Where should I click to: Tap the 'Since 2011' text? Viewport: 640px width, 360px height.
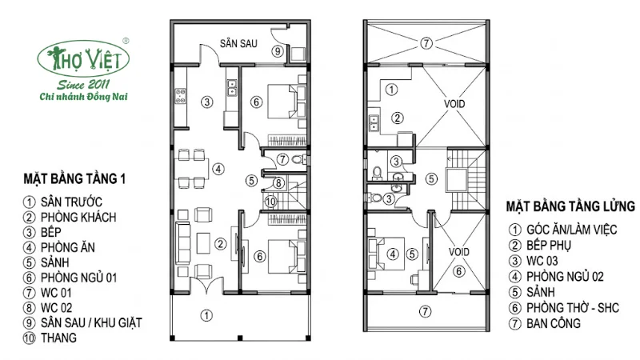pyautogui.click(x=83, y=85)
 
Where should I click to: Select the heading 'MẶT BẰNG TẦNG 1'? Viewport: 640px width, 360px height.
pyautogui.click(x=74, y=178)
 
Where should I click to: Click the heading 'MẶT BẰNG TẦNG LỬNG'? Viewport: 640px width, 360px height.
pyautogui.click(x=570, y=206)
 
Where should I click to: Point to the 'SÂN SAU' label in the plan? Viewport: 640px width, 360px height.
pyautogui.click(x=238, y=43)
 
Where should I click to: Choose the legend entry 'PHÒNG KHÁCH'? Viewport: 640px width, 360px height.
pyautogui.click(x=78, y=217)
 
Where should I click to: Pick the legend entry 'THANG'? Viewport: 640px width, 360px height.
pyautogui.click(x=58, y=338)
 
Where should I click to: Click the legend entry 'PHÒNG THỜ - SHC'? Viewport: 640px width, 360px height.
pyautogui.click(x=573, y=307)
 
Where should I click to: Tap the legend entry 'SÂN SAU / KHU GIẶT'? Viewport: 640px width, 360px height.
pyautogui.click(x=91, y=323)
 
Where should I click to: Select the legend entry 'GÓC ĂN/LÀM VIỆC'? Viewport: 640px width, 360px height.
pyautogui.click(x=571, y=230)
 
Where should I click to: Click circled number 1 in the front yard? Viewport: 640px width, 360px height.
pyautogui.click(x=206, y=315)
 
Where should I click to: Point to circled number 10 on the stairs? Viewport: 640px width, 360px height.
pyautogui.click(x=270, y=202)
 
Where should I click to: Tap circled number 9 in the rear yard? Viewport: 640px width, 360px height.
pyautogui.click(x=278, y=51)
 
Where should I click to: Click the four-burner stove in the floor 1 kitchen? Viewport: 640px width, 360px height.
pyautogui.click(x=181, y=96)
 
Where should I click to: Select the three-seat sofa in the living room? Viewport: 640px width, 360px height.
pyautogui.click(x=183, y=243)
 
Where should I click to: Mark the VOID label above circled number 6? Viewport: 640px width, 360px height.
pyautogui.click(x=458, y=252)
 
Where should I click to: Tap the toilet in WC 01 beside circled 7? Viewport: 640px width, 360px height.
pyautogui.click(x=300, y=158)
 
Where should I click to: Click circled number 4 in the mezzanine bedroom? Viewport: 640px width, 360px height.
pyautogui.click(x=393, y=254)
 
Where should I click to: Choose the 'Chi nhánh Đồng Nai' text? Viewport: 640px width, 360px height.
pyautogui.click(x=84, y=97)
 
